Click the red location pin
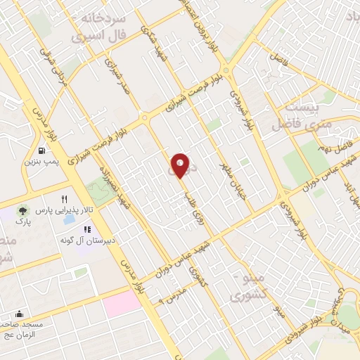(181, 165)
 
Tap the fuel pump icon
(43, 150)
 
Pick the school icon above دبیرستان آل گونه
(87, 229)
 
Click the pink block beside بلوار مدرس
(123, 304)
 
